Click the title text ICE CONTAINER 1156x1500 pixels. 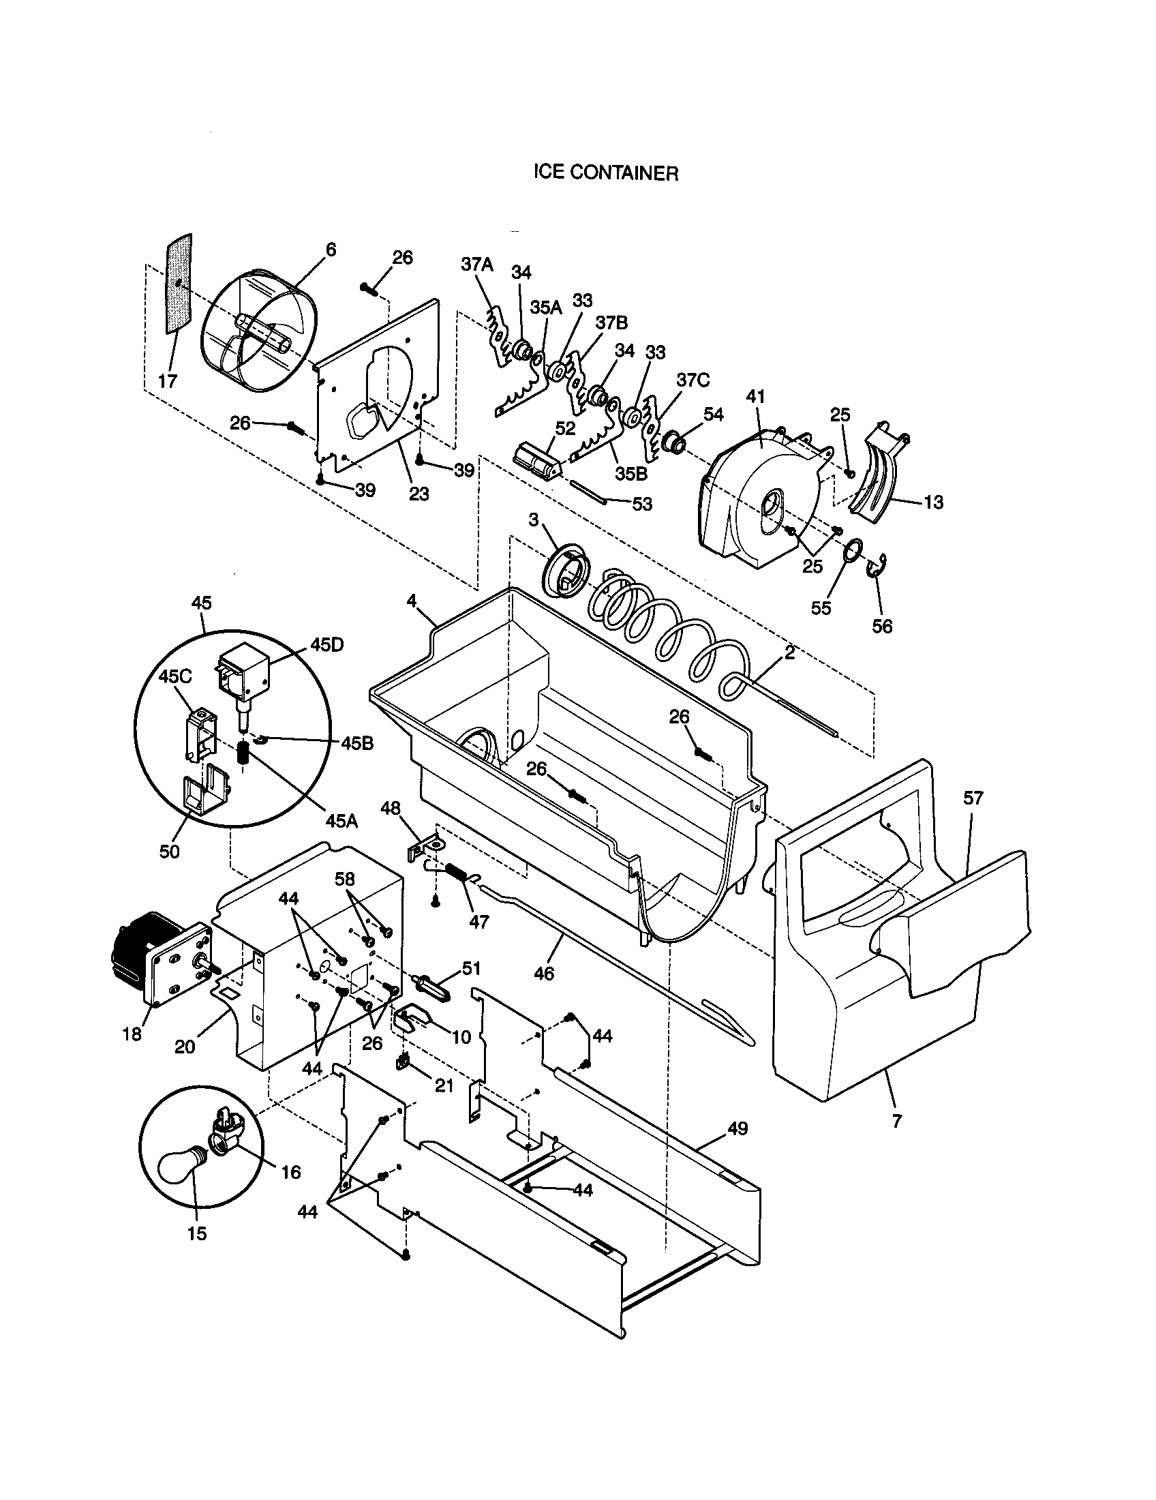pyautogui.click(x=606, y=173)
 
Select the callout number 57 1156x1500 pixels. pyautogui.click(x=973, y=798)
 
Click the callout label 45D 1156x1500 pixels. pyautogui.click(x=326, y=645)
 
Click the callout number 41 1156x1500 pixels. pyautogui.click(x=755, y=396)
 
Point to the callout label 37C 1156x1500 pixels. pyautogui.click(x=693, y=380)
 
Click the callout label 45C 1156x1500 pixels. pyautogui.click(x=175, y=676)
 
